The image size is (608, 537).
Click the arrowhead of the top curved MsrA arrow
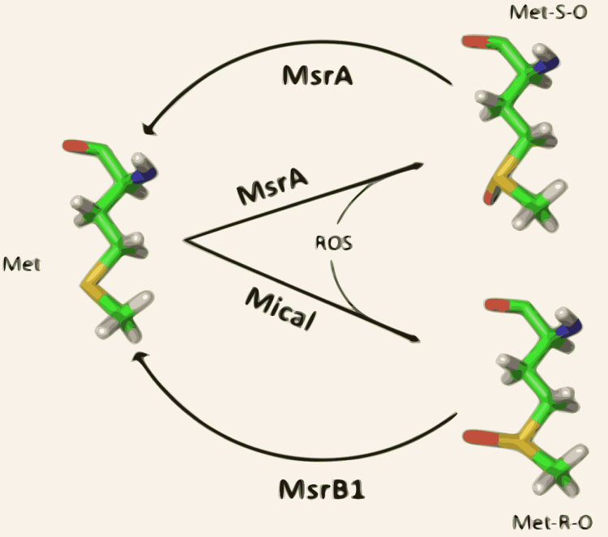[x=148, y=130]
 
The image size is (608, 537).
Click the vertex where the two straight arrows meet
[x=186, y=240]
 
